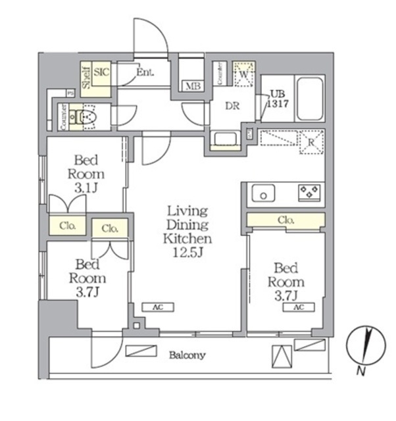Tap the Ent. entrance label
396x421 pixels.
145,72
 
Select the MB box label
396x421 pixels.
192,86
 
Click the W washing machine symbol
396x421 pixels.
244,74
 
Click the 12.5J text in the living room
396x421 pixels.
187,253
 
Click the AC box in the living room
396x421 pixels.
159,307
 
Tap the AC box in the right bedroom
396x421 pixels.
299,307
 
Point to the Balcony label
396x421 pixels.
187,355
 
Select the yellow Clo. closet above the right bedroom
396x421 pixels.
286,220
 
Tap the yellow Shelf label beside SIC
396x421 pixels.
86,76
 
